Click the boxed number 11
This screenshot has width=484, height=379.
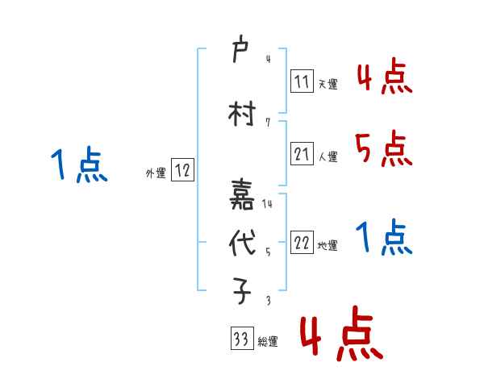[302, 81]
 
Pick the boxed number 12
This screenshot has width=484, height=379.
[182, 170]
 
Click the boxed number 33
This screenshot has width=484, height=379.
[240, 340]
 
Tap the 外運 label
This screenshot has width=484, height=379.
[155, 173]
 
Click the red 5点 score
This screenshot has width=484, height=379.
[383, 148]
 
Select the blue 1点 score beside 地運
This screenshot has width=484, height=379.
[383, 238]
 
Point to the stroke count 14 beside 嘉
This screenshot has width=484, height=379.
[267, 203]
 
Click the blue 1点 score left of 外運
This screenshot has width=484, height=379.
[78, 166]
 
